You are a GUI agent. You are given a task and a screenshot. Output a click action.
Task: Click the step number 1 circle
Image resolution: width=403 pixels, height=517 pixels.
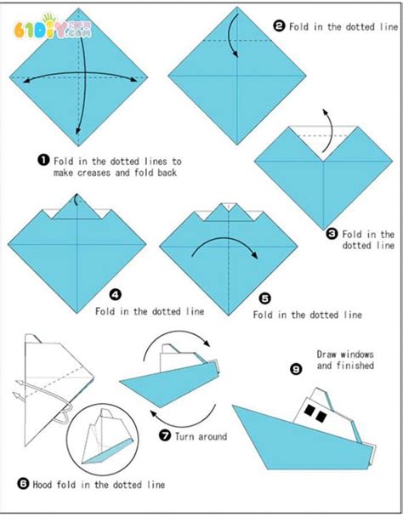[x=43, y=161]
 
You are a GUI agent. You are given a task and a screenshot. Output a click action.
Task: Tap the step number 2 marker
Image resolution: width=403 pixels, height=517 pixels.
[x=279, y=26]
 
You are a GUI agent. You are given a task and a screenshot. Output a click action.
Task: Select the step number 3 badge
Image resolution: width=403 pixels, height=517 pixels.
[x=332, y=234]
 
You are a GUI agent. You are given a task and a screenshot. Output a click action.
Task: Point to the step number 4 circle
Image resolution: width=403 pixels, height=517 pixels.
[x=115, y=294]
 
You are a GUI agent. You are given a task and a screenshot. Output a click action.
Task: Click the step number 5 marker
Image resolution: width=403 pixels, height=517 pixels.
[x=265, y=298]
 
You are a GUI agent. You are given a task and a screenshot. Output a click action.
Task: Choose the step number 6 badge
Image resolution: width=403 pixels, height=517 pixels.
[x=23, y=484]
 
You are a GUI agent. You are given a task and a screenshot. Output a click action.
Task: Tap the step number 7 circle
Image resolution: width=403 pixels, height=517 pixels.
[x=165, y=435]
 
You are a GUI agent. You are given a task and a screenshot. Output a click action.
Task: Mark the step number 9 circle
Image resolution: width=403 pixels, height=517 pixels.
[x=296, y=369]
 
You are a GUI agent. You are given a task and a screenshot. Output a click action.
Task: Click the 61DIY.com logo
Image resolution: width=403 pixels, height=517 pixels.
[x=53, y=27]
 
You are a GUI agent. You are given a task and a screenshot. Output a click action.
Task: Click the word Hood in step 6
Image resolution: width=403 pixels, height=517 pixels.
[x=43, y=485]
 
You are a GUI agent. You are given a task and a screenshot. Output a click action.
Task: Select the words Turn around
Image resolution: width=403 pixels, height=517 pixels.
[x=201, y=436]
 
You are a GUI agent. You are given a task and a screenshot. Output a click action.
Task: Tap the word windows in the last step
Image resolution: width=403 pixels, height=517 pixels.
[x=357, y=355]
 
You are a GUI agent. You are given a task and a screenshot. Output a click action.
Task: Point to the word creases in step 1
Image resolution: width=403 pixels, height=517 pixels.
[x=94, y=173]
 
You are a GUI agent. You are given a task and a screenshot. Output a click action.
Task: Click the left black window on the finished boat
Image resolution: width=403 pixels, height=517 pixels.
[x=309, y=410]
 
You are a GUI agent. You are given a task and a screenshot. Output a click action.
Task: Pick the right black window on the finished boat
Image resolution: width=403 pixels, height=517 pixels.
[x=321, y=416]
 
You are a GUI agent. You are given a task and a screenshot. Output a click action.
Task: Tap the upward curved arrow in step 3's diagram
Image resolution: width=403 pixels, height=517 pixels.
[x=327, y=132]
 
